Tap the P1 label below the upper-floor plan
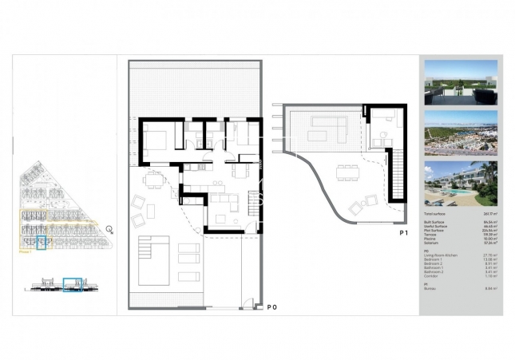coord(405,232)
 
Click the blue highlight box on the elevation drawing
coord(73,283)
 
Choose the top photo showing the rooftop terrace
coord(462,82)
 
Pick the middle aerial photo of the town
coord(462,133)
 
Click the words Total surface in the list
coord(436,214)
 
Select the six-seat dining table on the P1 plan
coord(347,169)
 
